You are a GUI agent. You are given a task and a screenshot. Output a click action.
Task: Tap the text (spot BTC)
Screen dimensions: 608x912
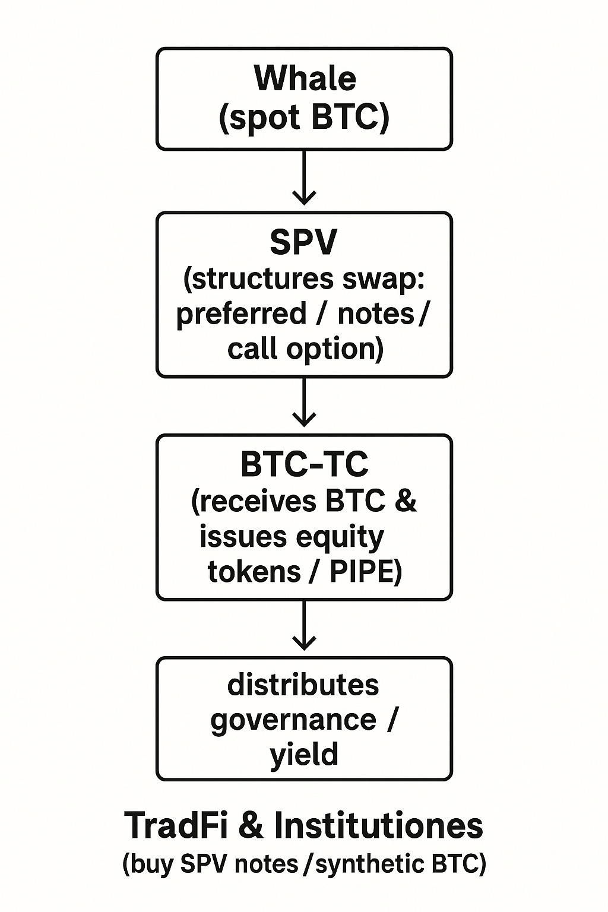click(304, 118)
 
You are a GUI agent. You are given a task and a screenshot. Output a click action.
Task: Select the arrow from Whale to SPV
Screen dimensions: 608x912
click(304, 177)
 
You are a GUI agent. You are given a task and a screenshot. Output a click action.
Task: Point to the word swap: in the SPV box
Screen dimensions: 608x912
click(383, 280)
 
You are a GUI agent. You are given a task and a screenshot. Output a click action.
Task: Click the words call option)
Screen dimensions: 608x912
click(305, 349)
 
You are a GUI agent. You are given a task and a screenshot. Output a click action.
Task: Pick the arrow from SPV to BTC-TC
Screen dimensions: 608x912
click(304, 402)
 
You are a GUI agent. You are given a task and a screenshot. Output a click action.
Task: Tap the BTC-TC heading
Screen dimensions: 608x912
click(304, 464)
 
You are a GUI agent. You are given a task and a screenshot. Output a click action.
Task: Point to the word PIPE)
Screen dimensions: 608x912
click(366, 572)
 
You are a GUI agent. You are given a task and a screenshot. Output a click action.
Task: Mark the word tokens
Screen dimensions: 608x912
click(254, 572)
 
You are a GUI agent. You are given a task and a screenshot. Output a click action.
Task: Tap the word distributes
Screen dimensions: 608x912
click(303, 685)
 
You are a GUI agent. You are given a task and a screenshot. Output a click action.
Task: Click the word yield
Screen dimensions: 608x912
click(304, 753)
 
